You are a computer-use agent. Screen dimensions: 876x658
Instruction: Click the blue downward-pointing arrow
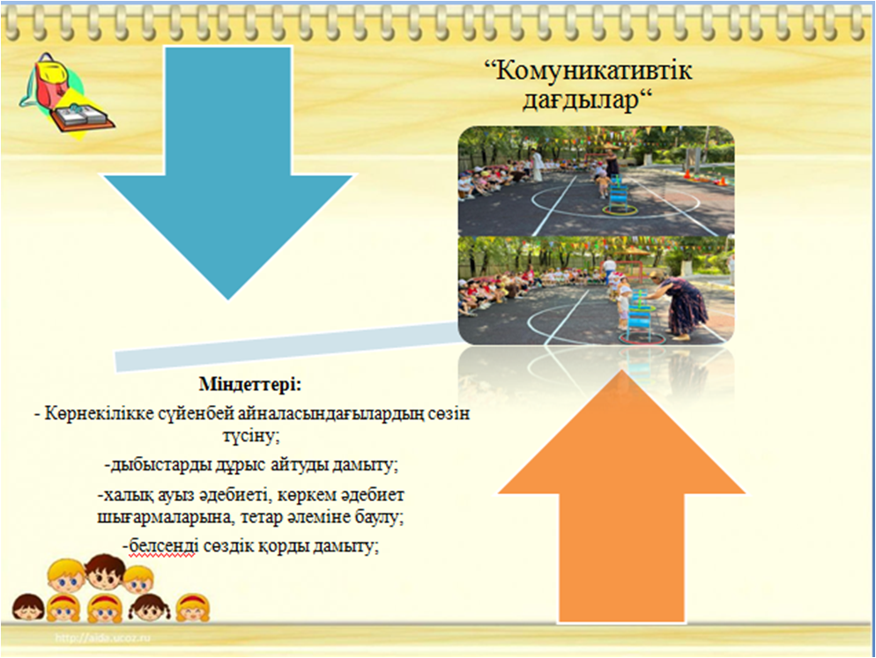click(x=228, y=167)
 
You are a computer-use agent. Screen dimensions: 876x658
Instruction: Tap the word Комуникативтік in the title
click(x=589, y=71)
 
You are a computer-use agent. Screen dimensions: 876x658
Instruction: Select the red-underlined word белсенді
click(x=162, y=546)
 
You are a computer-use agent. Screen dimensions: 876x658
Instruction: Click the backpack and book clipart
click(x=66, y=95)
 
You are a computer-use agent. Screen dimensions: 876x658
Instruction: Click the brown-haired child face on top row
click(x=105, y=572)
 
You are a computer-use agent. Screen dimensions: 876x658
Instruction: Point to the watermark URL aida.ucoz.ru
click(x=103, y=638)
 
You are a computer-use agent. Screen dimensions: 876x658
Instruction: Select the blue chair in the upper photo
click(x=619, y=193)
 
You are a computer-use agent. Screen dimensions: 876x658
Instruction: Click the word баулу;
click(x=379, y=517)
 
